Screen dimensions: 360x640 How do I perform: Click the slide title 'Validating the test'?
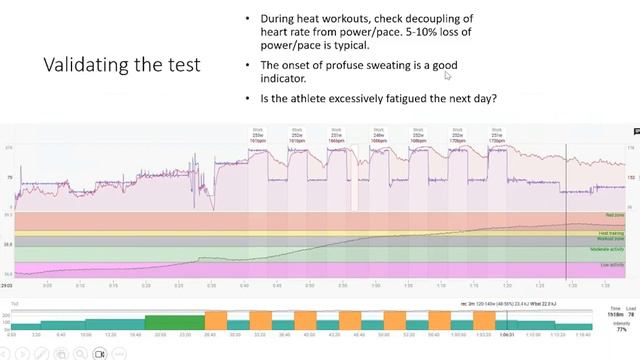click(x=121, y=65)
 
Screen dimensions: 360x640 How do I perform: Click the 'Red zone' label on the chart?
click(x=615, y=215)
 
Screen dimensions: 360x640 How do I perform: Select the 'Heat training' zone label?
click(x=613, y=232)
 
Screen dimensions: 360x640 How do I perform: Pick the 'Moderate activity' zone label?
click(x=610, y=251)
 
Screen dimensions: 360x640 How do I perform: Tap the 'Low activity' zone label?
click(x=614, y=266)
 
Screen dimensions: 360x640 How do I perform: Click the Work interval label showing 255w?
click(x=255, y=135)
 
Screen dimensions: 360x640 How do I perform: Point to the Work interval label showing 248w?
click(x=378, y=135)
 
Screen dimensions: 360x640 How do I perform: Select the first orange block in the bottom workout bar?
click(x=215, y=321)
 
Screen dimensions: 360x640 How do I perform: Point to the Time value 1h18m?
click(x=616, y=313)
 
